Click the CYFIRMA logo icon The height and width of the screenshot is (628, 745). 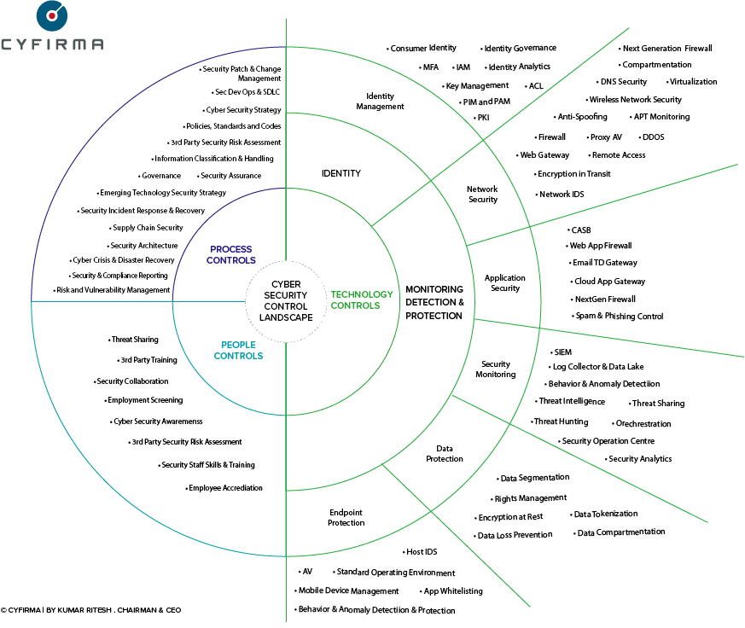[52, 15]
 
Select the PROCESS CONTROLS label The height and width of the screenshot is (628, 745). [232, 254]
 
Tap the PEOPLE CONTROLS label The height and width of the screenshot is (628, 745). [238, 350]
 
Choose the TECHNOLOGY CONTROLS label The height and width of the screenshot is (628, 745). [361, 299]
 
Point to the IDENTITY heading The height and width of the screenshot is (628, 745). [340, 173]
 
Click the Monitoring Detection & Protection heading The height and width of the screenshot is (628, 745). [434, 303]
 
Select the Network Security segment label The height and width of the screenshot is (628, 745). [482, 194]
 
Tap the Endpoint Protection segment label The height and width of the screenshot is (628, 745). [346, 517]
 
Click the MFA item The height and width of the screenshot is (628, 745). [430, 67]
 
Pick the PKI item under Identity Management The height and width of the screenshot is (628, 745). [483, 118]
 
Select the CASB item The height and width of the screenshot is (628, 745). [581, 230]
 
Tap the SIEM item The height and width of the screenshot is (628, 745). [563, 352]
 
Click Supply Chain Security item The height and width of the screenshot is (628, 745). [148, 228]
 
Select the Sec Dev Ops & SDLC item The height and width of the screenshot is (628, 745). [247, 92]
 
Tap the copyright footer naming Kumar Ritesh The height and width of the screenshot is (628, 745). [90, 610]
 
